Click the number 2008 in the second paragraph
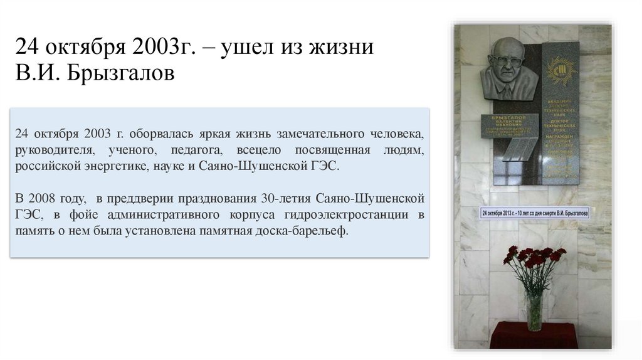43,199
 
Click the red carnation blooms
534,257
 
